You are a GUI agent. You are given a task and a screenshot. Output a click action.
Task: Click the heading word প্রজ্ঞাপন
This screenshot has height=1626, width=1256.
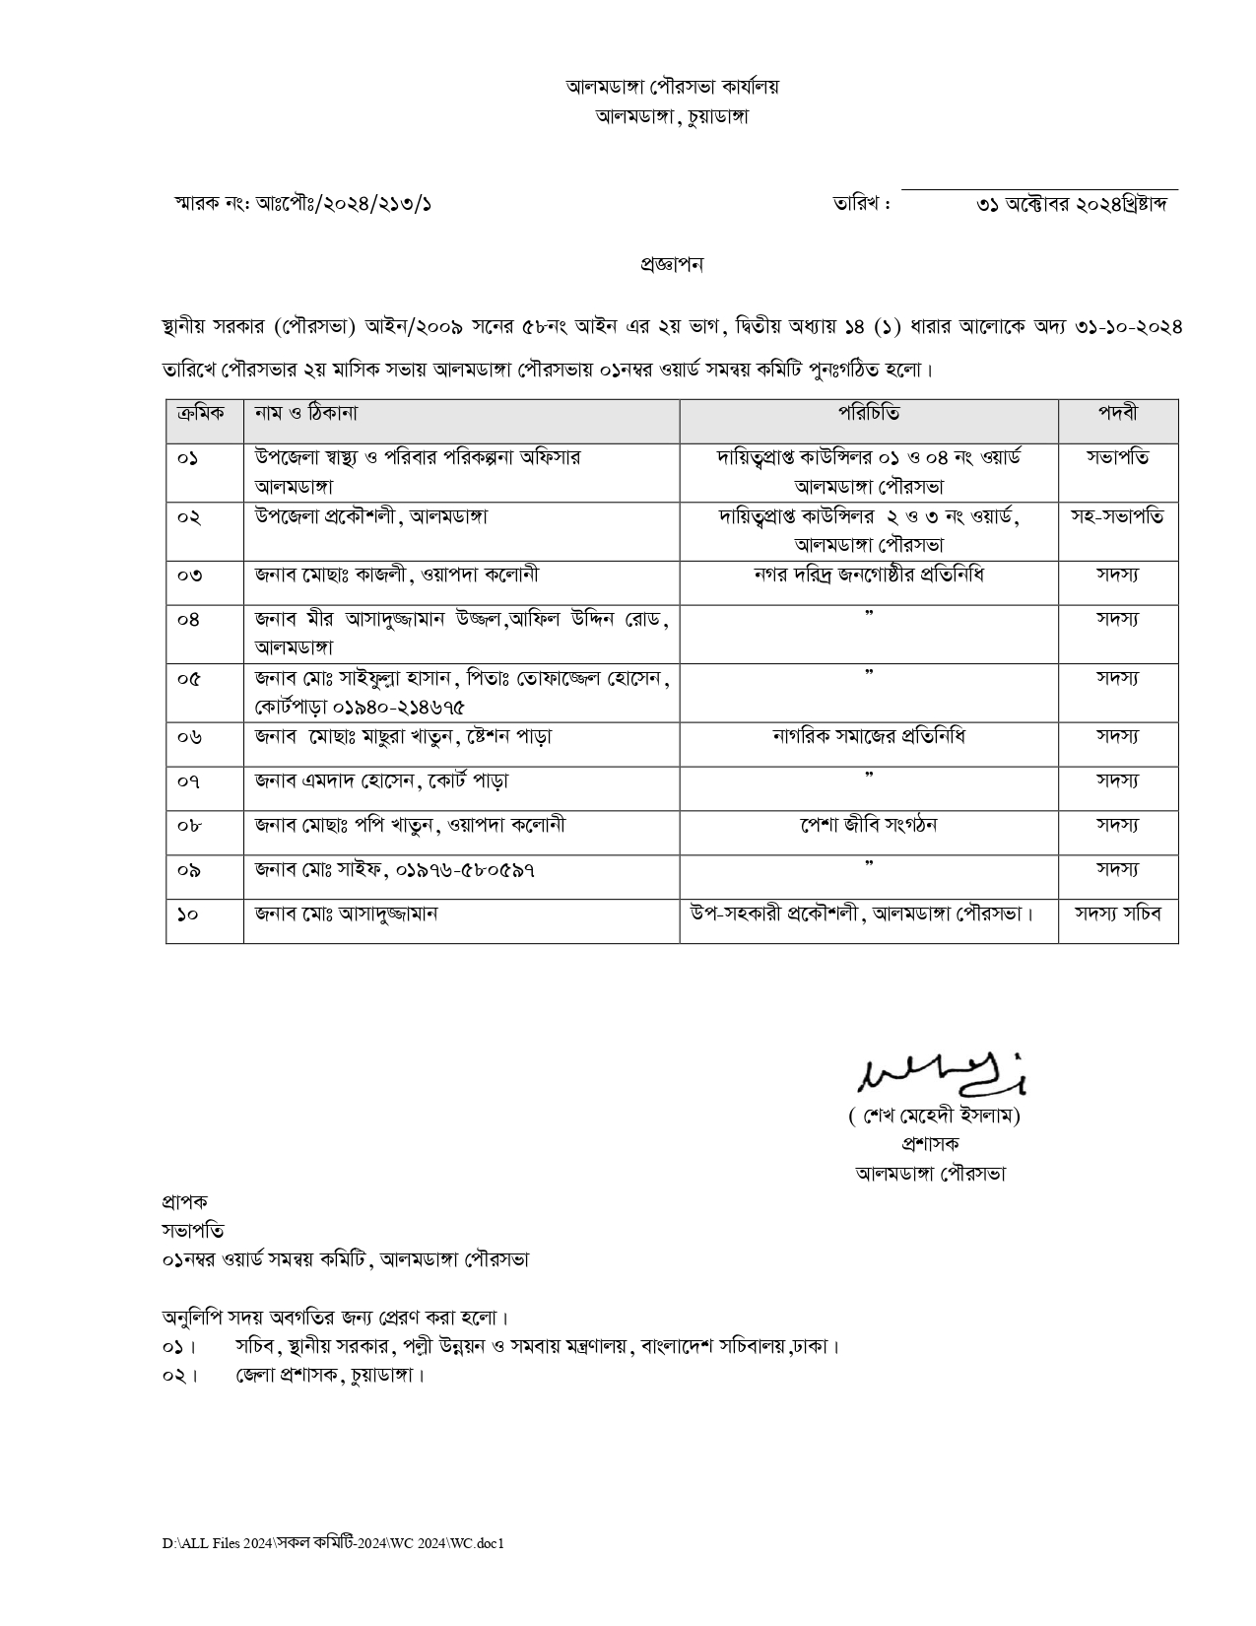click(671, 264)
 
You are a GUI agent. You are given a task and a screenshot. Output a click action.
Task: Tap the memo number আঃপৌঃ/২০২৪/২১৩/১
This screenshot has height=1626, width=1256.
click(344, 204)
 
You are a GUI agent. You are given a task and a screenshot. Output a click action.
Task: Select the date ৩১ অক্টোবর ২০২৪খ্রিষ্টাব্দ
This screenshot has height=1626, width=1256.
click(1072, 205)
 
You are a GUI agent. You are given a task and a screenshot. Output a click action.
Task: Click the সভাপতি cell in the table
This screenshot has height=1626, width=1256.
click(1117, 457)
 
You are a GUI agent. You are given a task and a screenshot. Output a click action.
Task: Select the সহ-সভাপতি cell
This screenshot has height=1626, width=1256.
click(1117, 516)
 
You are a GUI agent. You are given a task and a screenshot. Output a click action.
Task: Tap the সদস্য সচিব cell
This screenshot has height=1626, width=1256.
click(1117, 914)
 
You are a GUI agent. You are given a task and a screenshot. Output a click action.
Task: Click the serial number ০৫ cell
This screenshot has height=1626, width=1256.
click(189, 679)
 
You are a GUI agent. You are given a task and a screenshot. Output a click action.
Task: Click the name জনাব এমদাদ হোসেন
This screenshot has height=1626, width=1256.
click(335, 781)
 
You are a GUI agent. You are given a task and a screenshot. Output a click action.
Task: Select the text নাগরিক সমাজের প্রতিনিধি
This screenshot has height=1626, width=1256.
click(868, 736)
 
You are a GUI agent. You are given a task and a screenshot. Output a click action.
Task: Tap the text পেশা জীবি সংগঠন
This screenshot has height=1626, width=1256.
click(868, 825)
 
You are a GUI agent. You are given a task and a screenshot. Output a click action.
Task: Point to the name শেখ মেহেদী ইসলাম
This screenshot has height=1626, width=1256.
click(934, 1117)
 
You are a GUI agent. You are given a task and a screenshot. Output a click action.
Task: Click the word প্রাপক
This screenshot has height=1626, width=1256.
click(185, 1202)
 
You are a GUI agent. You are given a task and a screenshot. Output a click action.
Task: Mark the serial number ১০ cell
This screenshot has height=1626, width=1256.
click(188, 915)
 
